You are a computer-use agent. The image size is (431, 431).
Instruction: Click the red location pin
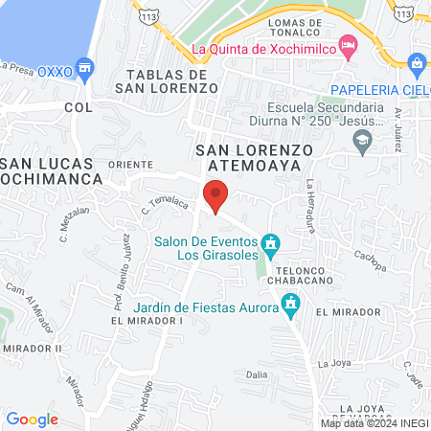[216, 195]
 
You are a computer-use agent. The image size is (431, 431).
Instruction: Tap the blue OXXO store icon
[85, 68]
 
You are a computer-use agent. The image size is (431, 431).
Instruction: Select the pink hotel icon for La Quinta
[350, 46]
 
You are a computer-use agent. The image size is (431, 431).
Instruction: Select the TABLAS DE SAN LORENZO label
[172, 81]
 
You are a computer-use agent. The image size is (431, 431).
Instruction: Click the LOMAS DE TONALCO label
[306, 23]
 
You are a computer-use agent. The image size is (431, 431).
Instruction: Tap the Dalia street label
[256, 374]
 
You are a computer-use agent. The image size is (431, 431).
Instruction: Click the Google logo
[33, 419]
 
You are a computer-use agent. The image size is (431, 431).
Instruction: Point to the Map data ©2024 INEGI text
[373, 423]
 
